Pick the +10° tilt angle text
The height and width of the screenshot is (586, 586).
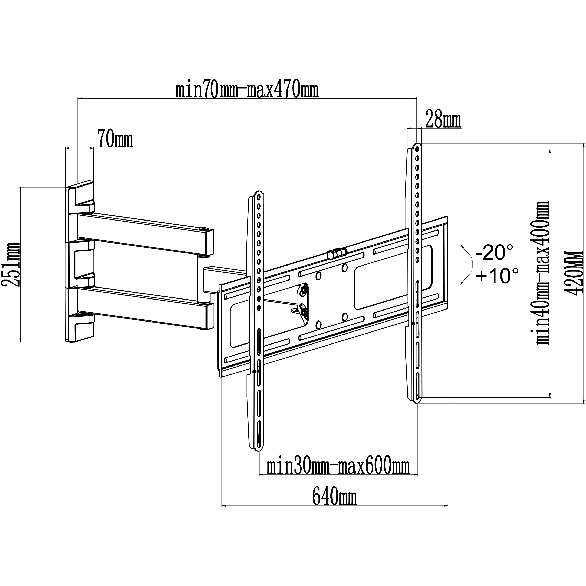pos(497,275)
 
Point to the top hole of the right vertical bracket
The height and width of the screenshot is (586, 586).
pos(417,149)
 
